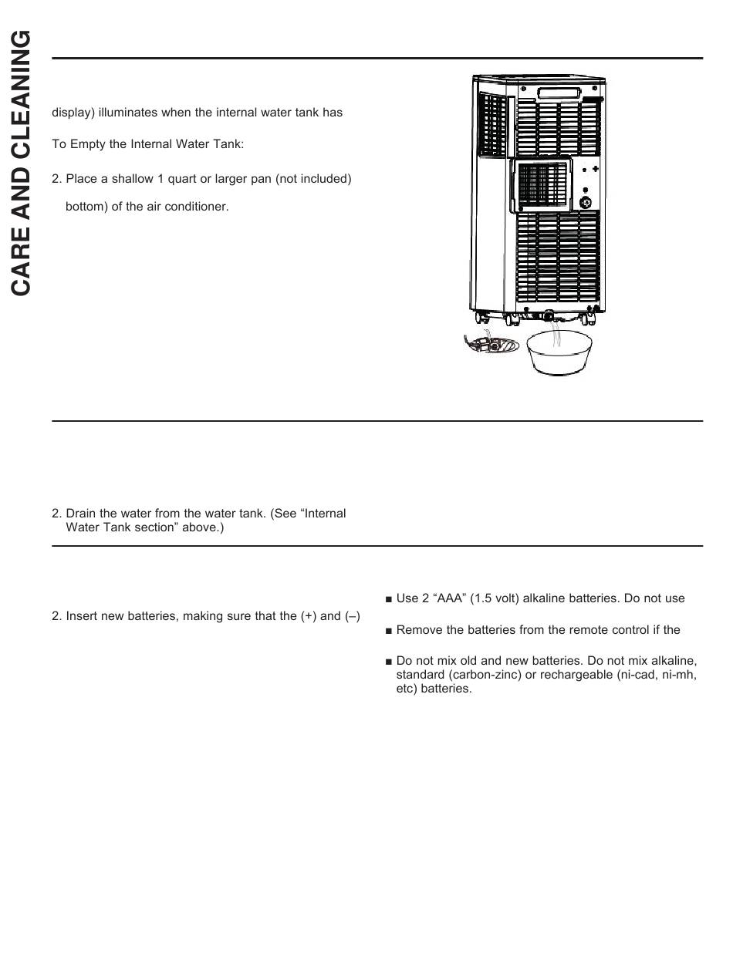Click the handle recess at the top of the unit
559,93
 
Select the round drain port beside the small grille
586,203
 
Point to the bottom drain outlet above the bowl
549,315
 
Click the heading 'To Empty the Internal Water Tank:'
147,145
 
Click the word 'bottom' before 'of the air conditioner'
84,207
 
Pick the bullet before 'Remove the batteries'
389,631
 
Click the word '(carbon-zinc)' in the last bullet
482,675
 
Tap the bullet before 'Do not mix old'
389,662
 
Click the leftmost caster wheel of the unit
481,316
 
